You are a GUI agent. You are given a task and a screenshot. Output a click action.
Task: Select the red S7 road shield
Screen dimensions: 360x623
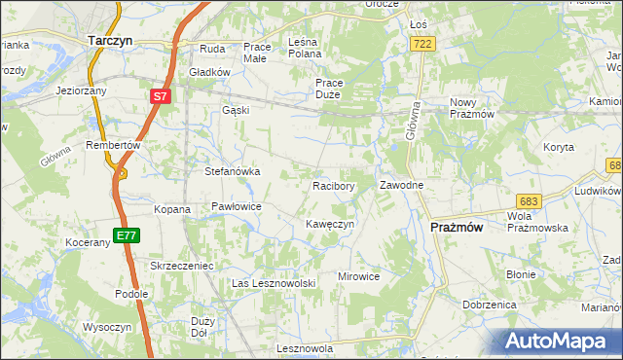pos(161,97)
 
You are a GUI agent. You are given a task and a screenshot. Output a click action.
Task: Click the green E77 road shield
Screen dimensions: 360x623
pos(127,235)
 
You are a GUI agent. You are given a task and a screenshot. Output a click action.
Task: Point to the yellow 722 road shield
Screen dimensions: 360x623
pos(422,45)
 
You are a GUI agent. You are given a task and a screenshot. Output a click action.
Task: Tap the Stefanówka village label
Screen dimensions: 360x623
pos(232,171)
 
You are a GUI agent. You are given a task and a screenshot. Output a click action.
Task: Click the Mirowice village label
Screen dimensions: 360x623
pos(358,276)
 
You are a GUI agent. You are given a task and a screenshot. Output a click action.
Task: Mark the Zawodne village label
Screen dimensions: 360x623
pos(400,185)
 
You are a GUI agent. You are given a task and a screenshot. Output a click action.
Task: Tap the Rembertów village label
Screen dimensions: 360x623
pos(114,144)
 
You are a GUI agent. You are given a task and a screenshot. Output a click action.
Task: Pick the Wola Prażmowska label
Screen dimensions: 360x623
pos(537,221)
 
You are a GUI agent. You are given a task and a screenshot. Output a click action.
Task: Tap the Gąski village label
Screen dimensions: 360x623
pos(236,110)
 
